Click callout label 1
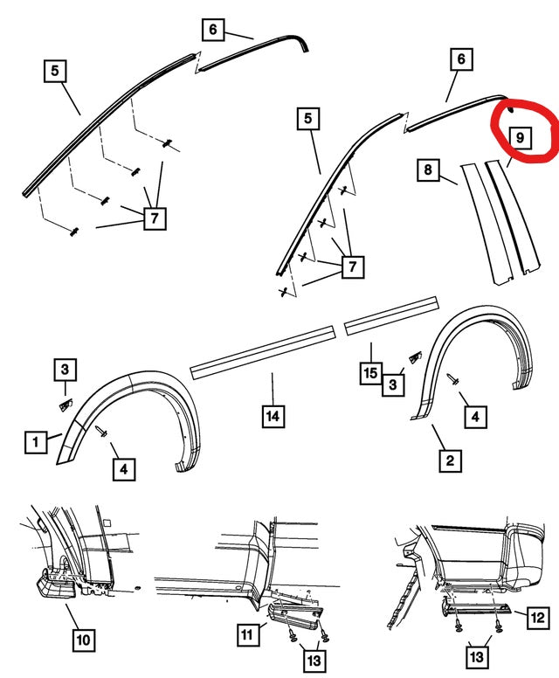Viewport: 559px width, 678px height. pos(36,441)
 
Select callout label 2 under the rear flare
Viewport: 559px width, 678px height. pos(450,460)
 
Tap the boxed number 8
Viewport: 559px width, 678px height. pos(428,169)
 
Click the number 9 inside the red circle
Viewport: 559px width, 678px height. pos(519,137)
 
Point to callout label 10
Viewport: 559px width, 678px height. pos(83,640)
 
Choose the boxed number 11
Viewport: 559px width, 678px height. pos(247,634)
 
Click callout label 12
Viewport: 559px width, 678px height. pos(537,617)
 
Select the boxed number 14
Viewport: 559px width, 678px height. pos(273,416)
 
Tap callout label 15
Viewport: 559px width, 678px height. pos(370,373)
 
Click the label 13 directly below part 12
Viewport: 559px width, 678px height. pos(476,657)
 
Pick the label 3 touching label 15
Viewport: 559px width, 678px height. pos(393,384)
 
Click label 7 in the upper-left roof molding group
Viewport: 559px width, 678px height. pos(155,218)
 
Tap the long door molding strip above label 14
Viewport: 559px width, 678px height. pos(263,352)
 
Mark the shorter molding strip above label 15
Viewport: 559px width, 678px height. pos(391,315)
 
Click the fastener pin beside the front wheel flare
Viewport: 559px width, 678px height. pos(101,432)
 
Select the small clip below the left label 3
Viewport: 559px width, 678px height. pos(65,405)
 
